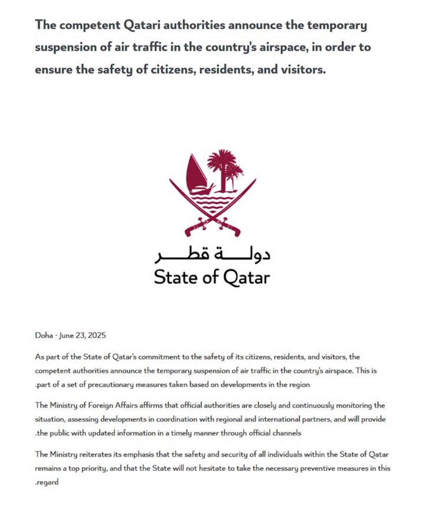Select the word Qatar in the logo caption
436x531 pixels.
click(245, 277)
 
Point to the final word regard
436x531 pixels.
click(48, 483)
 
